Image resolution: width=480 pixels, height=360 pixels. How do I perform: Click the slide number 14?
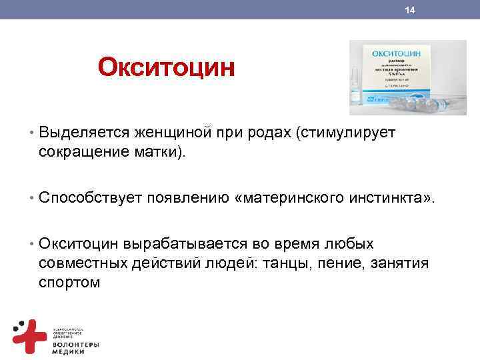(x=410, y=10)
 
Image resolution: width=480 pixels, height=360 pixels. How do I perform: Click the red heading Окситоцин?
(x=166, y=68)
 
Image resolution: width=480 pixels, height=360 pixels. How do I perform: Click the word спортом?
(x=69, y=282)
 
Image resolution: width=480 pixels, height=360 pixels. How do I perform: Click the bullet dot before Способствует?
(x=31, y=197)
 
